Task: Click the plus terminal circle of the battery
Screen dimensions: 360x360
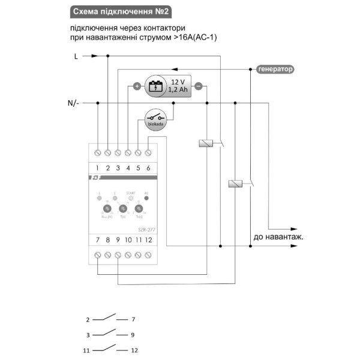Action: pyautogui.click(x=136, y=86)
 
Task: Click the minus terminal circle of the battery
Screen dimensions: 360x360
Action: pyautogui.click(x=199, y=86)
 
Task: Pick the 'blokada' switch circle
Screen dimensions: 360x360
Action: pyautogui.click(x=157, y=120)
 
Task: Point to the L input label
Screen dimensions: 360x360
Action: pyautogui.click(x=76, y=56)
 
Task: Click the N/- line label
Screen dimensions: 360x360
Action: pyautogui.click(x=74, y=103)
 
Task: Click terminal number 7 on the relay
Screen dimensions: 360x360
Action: pyautogui.click(x=98, y=241)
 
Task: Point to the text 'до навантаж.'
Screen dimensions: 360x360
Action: pyautogui.click(x=278, y=237)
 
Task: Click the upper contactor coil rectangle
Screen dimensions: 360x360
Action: pyautogui.click(x=206, y=143)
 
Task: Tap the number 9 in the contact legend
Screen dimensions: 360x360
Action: pyautogui.click(x=133, y=334)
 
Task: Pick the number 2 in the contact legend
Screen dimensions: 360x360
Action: pyautogui.click(x=88, y=320)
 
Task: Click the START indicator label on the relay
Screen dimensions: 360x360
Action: pyautogui.click(x=131, y=193)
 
